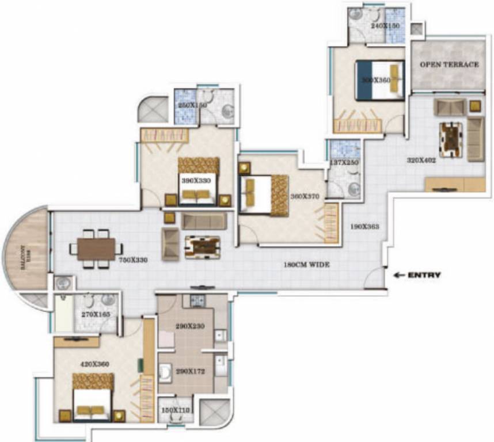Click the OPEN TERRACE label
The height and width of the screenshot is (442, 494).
pos(449,64)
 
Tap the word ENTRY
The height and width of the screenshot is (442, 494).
pos(424,275)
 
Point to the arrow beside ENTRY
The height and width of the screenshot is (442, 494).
pos(398,275)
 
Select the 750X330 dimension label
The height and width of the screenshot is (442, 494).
pos(133,260)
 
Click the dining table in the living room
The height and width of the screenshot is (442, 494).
pos(96,249)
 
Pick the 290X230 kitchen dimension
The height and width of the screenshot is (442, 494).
pos(189,326)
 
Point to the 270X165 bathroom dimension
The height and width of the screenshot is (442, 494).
pos(96,315)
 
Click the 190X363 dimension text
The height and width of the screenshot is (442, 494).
pos(364,226)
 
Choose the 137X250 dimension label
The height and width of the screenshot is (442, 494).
pos(344,163)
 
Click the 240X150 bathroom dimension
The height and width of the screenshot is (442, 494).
pos(385,26)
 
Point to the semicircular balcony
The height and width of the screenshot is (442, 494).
pos(26,249)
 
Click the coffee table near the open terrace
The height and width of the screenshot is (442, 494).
pos(451,138)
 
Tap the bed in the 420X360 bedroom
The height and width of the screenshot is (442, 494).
pos(92,397)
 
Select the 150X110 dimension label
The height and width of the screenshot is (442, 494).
pos(175,410)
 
